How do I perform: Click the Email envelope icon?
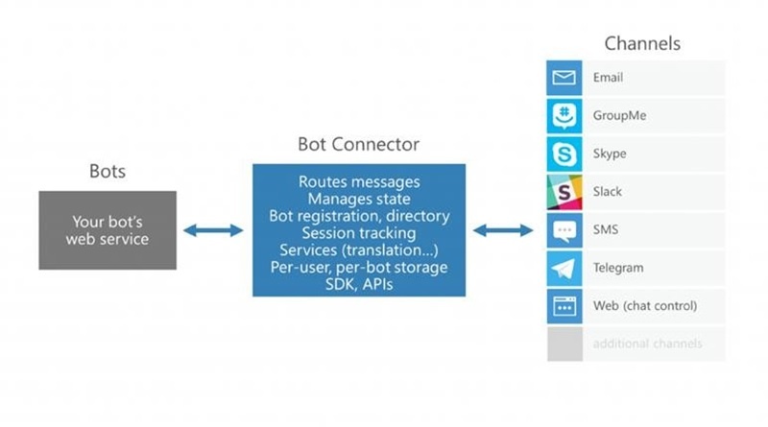[564, 77]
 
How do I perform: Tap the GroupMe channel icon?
[564, 115]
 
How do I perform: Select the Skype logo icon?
[564, 154]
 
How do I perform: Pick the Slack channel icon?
[564, 191]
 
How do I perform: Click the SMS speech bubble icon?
[564, 229]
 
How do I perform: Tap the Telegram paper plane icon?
[564, 268]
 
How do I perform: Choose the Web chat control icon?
[564, 306]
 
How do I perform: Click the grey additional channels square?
[564, 344]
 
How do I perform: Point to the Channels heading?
[642, 44]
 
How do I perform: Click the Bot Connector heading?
[358, 145]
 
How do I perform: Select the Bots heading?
[108, 172]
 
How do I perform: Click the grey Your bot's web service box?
[108, 229]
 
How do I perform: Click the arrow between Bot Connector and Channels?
[503, 229]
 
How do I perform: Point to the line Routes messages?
[358, 181]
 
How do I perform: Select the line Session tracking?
[358, 232]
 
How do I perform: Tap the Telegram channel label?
[618, 268]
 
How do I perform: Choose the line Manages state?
[358, 199]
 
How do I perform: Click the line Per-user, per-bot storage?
[358, 266]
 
